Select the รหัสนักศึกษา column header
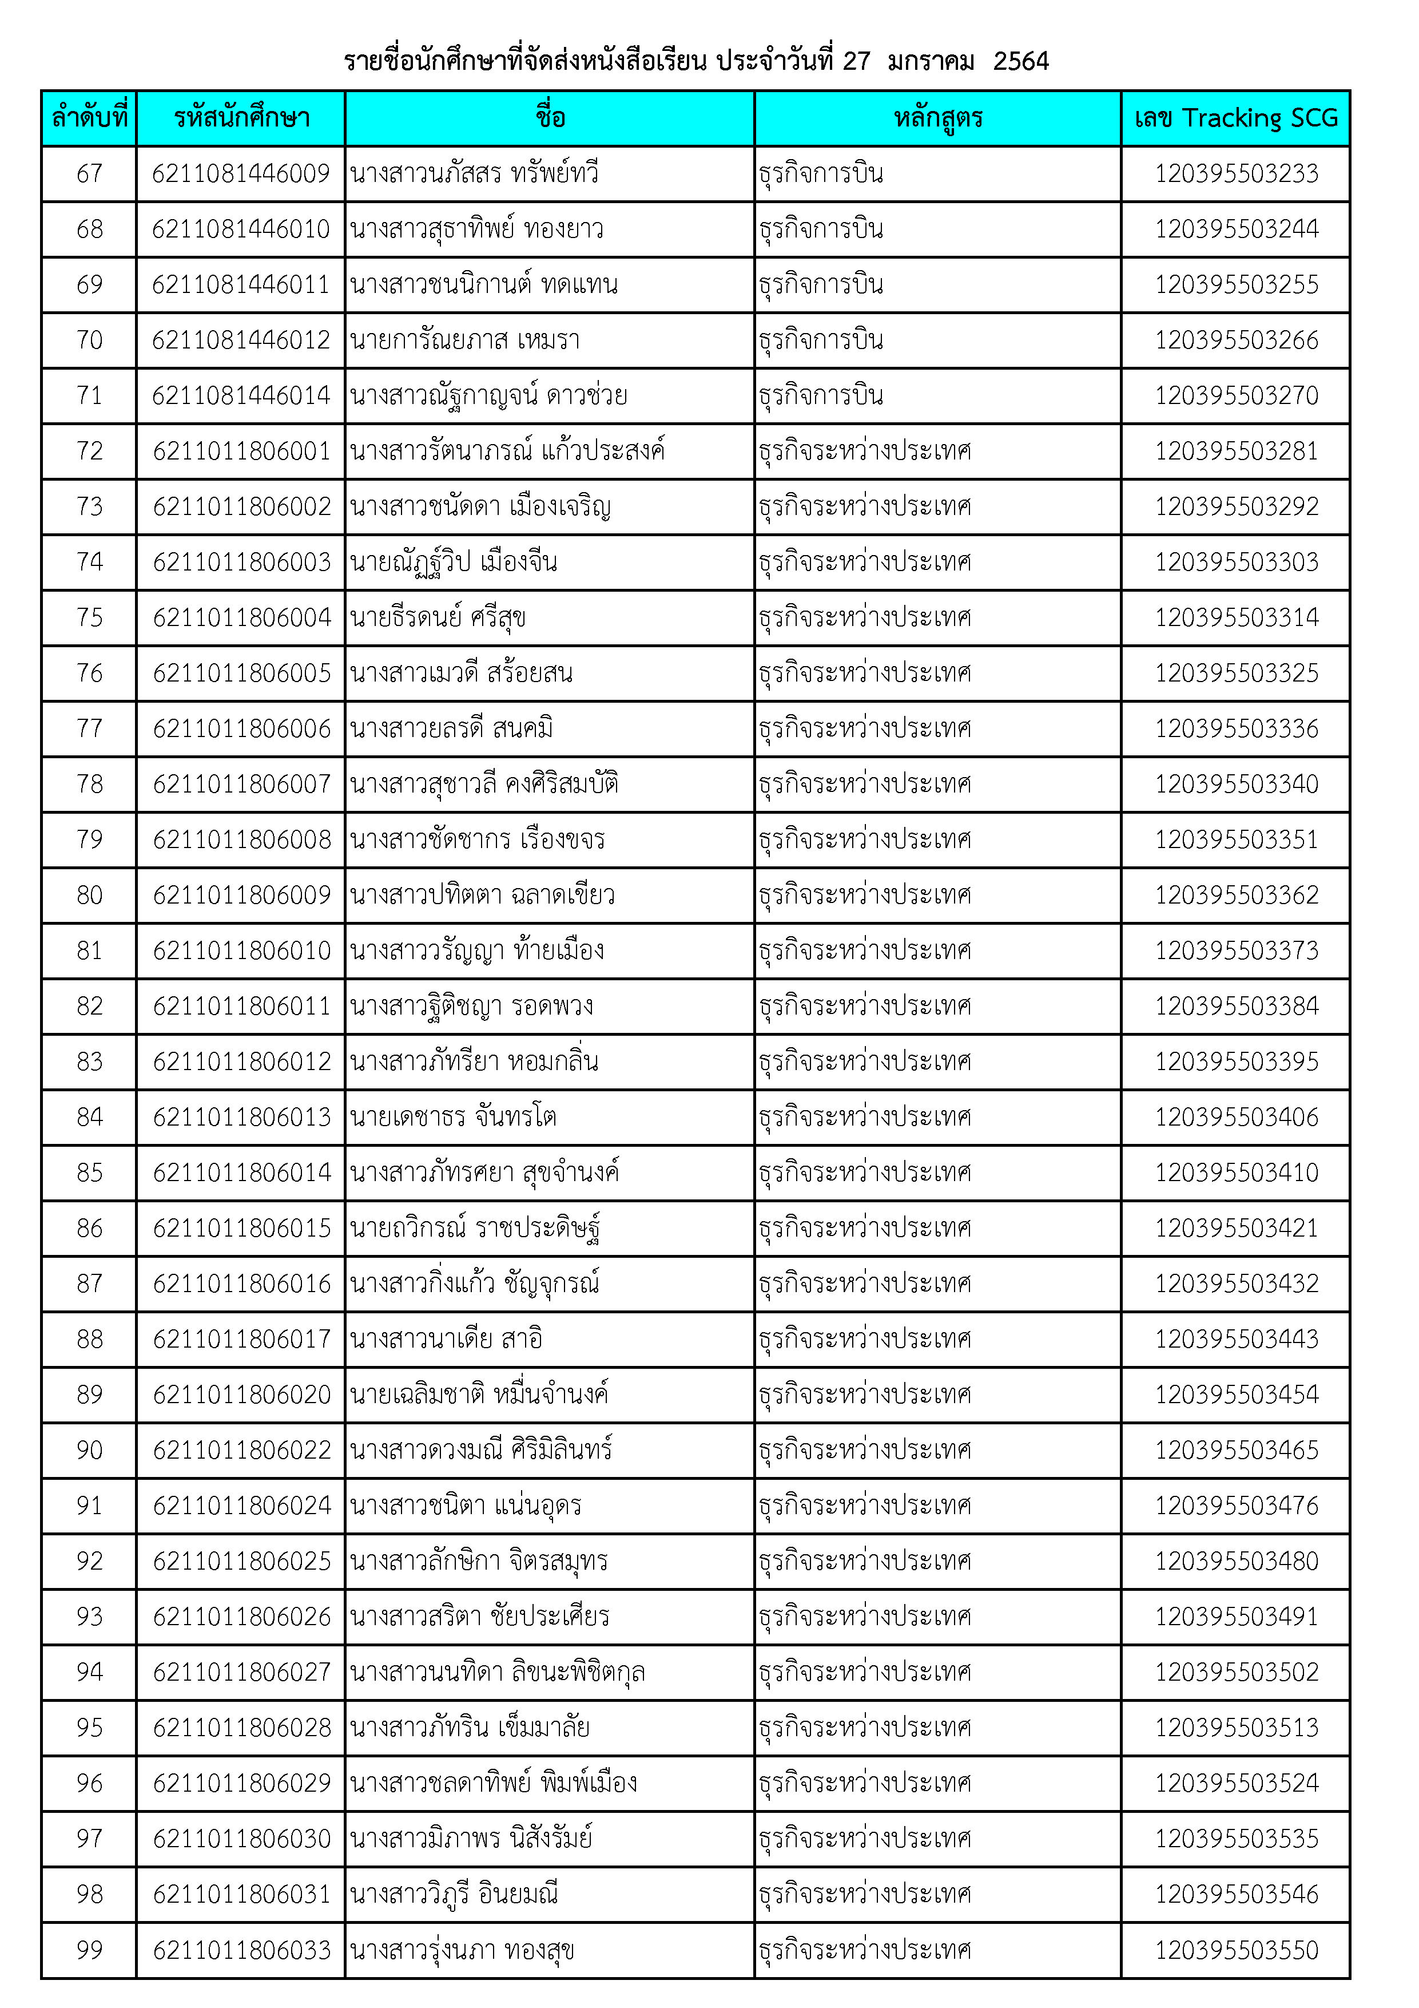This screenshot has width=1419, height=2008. (x=241, y=118)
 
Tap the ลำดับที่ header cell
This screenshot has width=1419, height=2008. (x=89, y=118)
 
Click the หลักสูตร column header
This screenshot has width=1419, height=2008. (x=937, y=118)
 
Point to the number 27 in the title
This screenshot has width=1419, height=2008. (x=856, y=61)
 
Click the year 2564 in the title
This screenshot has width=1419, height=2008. (x=1020, y=61)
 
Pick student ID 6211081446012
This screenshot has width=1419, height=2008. (x=241, y=340)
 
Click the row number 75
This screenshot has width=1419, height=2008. (x=89, y=617)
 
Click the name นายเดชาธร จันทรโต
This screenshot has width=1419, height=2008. (x=453, y=1117)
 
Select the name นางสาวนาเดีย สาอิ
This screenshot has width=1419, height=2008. (x=446, y=1339)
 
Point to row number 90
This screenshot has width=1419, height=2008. (x=89, y=1450)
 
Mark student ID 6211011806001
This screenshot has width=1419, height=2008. (x=241, y=451)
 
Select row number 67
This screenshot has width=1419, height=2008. (x=89, y=173)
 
